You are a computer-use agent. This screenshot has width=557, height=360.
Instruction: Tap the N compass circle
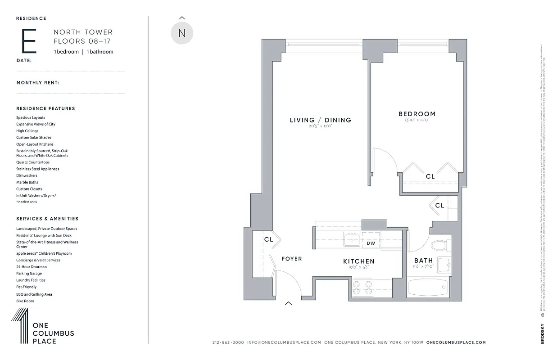point(182,33)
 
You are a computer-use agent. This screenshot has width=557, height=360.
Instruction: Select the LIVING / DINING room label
point(320,120)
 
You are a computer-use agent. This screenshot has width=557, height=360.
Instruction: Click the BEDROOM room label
point(417,114)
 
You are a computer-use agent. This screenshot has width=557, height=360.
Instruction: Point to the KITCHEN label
point(358,261)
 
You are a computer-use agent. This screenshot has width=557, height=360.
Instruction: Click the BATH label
point(423,261)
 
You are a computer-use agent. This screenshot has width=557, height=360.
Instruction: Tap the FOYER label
point(292,259)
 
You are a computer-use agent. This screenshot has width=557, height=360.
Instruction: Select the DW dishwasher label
point(371,243)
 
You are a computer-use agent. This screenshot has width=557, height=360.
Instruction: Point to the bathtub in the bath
point(428,288)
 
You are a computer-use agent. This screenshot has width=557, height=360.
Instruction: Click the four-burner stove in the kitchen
point(362,288)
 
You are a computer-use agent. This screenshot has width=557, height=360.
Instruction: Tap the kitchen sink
point(351,240)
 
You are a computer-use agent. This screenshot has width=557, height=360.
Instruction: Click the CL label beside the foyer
point(268,240)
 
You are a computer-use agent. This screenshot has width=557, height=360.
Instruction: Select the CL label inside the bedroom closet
point(430,177)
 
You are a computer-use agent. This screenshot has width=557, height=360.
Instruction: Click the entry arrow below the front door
point(288,303)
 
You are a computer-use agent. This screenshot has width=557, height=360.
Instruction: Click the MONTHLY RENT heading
point(38,83)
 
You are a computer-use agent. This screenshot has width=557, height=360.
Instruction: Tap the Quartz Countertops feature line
point(33,162)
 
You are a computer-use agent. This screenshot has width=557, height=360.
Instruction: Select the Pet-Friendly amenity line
point(27,287)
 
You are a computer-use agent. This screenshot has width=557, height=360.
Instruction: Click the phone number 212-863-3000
point(228,342)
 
